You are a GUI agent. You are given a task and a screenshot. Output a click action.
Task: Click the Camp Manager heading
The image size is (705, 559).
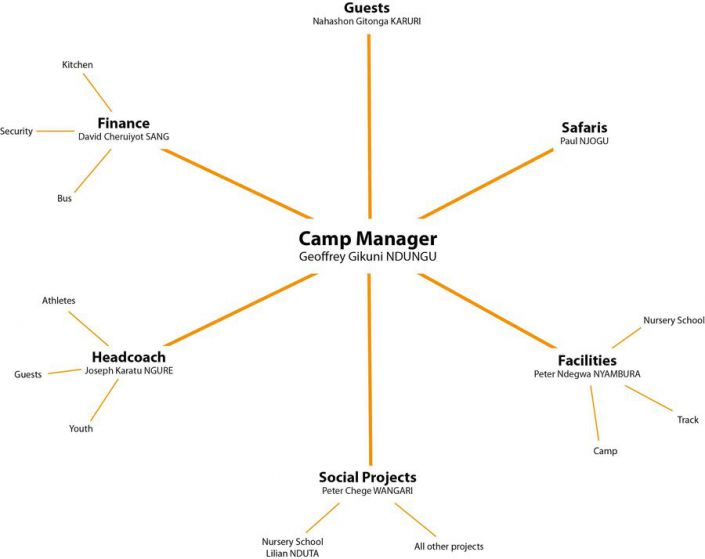tap(367, 239)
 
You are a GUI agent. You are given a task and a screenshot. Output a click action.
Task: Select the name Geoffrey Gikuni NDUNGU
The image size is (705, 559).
tap(367, 256)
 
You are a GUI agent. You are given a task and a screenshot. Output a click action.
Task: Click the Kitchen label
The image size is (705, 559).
tap(77, 65)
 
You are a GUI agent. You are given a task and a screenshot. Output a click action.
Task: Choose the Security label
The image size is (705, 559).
tap(17, 131)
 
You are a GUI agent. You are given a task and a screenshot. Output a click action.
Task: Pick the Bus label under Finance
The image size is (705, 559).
tap(65, 198)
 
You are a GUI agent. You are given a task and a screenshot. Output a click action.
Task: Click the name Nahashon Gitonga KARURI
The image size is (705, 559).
tap(369, 20)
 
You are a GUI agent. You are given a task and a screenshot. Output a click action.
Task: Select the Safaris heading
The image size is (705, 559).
tap(585, 128)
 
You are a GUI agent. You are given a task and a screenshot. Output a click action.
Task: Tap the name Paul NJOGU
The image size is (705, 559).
tap(585, 142)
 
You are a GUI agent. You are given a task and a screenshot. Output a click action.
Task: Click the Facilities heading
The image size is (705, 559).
tap(586, 360)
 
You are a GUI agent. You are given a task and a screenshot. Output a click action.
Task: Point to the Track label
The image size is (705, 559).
tap(687, 420)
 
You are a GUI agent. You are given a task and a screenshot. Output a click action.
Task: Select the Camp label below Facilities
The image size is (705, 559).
tap(605, 451)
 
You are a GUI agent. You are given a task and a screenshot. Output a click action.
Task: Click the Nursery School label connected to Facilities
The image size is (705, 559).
tap(673, 320)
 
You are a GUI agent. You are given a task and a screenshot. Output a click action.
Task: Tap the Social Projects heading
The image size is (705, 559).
tap(367, 477)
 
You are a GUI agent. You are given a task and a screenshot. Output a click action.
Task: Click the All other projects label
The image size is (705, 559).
tap(449, 546)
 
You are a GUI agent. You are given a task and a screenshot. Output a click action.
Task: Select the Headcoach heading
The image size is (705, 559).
tap(128, 357)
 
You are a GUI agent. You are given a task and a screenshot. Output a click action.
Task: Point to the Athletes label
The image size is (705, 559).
tap(59, 300)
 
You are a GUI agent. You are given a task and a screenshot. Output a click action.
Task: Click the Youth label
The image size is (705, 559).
tap(81, 428)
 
